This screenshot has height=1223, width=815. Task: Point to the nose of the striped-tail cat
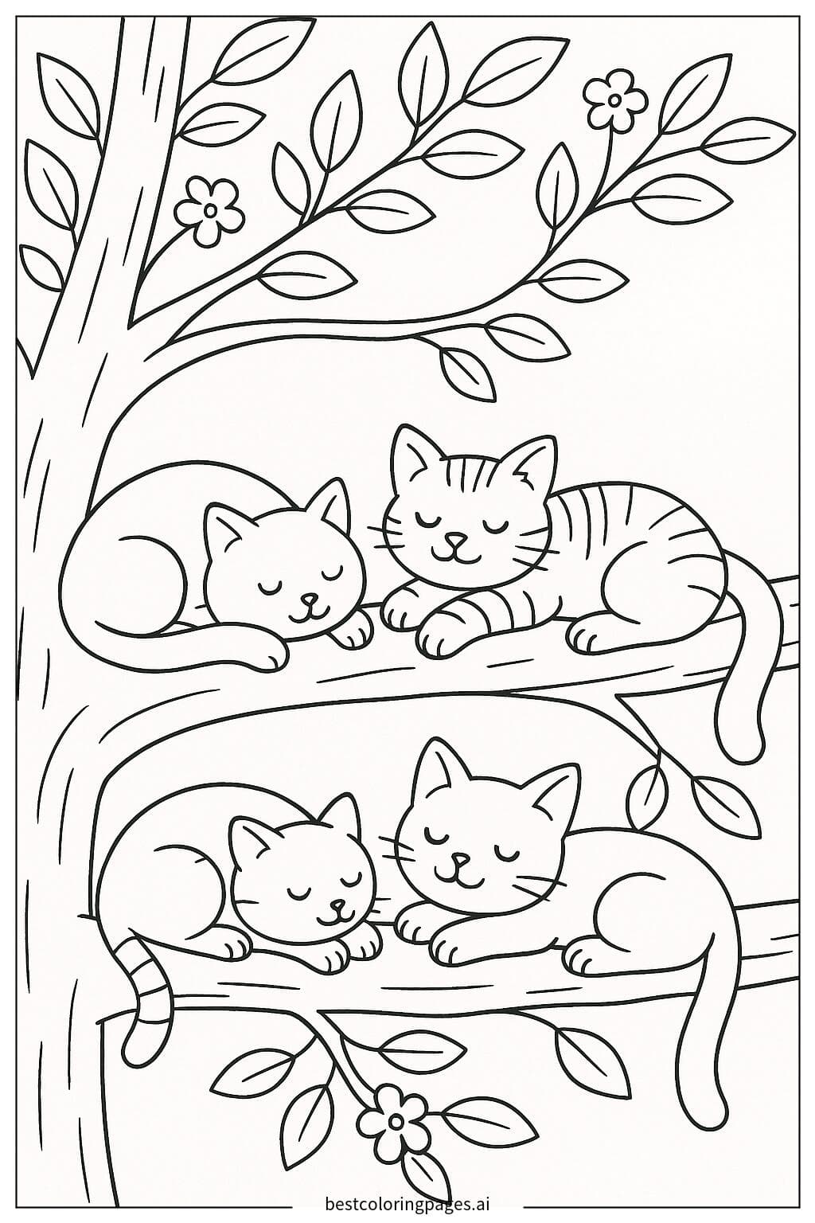pos(337,905)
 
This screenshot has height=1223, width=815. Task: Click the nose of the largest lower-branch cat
pos(458,860)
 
